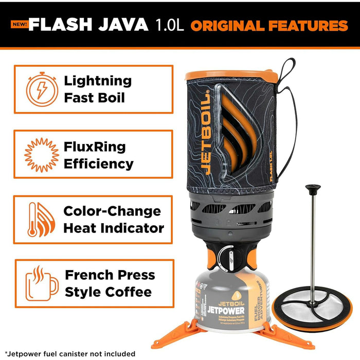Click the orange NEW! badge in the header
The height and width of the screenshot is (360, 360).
coord(19,24)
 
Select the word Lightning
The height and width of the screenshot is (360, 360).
coord(98,81)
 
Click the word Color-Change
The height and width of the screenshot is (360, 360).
coord(112,211)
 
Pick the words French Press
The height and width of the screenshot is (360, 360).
coord(110,275)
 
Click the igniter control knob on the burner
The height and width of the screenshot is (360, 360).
coord(226,256)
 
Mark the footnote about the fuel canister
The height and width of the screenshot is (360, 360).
coord(69,353)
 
